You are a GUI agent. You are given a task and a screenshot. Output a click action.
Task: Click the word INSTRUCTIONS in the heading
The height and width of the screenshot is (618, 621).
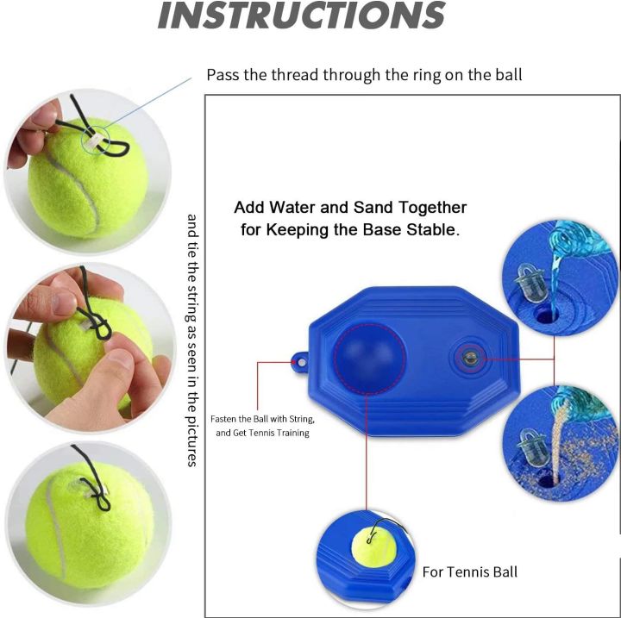tap(301, 16)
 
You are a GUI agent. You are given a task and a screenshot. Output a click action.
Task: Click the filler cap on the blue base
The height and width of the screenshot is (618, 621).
tap(471, 355)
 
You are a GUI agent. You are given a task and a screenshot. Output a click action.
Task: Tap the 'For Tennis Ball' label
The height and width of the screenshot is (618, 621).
tap(469, 571)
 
